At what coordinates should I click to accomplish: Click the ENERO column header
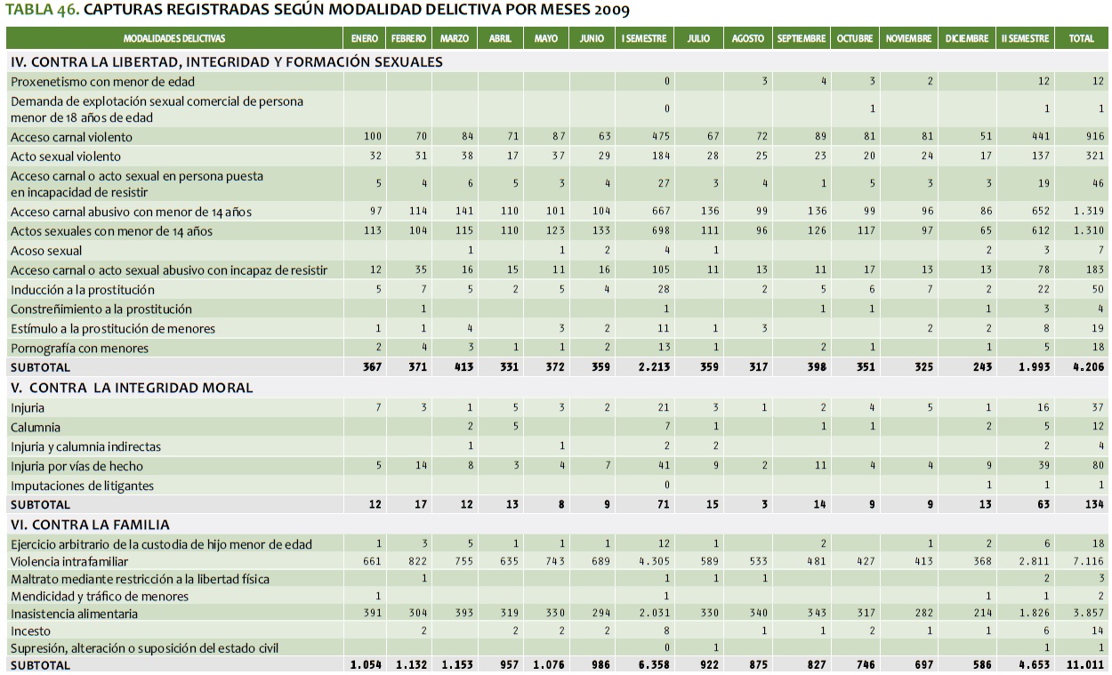pyautogui.click(x=365, y=39)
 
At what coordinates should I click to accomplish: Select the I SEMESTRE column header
pyautogui.click(x=644, y=39)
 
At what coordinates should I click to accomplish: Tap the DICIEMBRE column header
pyautogui.click(x=967, y=39)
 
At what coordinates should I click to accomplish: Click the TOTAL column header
pyautogui.click(x=1081, y=39)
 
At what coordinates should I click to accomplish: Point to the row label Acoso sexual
pyautogui.click(x=46, y=251)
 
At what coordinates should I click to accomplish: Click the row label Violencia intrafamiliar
pyautogui.click(x=69, y=561)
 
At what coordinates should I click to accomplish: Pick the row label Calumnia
pyautogui.click(x=35, y=427)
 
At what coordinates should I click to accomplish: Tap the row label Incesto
pyautogui.click(x=30, y=631)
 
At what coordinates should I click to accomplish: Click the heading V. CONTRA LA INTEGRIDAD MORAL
pyautogui.click(x=132, y=388)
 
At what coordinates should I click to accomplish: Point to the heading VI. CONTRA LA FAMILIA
pyautogui.click(x=90, y=525)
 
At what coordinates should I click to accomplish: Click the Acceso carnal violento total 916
pyautogui.click(x=1094, y=137)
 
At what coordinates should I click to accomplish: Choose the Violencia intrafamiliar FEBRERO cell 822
pyautogui.click(x=416, y=562)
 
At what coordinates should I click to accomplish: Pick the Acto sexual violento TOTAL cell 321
pyautogui.click(x=1094, y=157)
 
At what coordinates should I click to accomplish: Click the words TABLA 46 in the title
pyautogui.click(x=40, y=11)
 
